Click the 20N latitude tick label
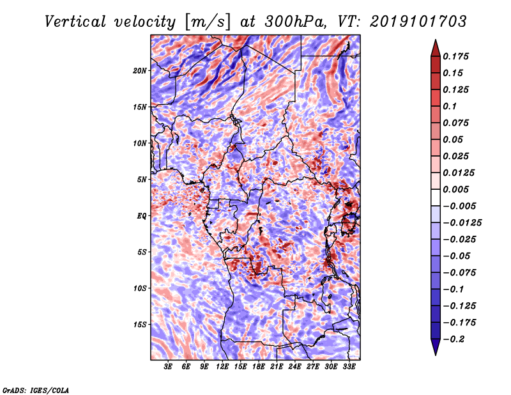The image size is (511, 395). tap(140, 70)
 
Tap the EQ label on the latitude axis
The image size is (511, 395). tap(142, 215)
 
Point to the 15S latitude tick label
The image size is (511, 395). tap(140, 325)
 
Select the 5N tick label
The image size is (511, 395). tap(142, 180)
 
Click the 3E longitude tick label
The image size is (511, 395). tap(168, 366)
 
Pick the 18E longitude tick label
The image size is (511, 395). tap(259, 366)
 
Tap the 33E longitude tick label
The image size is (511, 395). tap(349, 366)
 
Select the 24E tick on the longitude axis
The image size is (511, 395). tap(294, 366)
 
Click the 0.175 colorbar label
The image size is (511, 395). tap(455, 56)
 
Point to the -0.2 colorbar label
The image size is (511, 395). tap(454, 339)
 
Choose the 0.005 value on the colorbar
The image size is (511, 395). tap(455, 189)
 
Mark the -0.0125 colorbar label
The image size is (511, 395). tap(462, 223)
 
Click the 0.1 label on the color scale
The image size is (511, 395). tap(450, 106)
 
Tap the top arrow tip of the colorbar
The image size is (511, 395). tap(436, 40)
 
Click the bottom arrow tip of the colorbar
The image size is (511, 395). tap(436, 355)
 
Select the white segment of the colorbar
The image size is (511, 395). tap(436, 197)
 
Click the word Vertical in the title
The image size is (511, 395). tap(75, 22)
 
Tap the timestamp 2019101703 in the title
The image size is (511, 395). tap(418, 22)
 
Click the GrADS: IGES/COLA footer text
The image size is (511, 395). tap(36, 390)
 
